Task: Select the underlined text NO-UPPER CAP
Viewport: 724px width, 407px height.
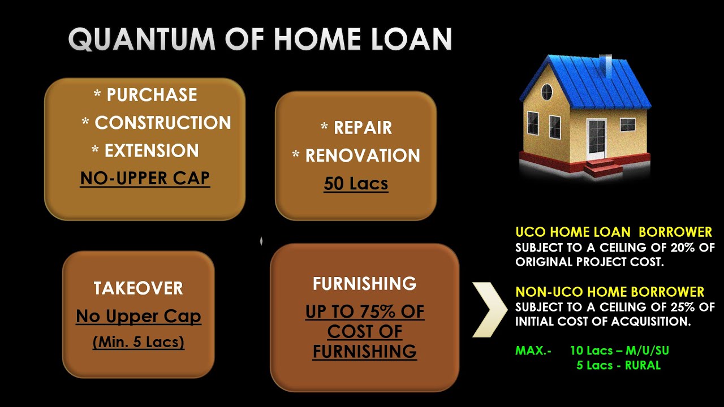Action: [x=145, y=179]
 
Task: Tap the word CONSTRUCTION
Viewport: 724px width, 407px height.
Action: [x=163, y=123]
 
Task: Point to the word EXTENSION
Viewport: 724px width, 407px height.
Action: [x=152, y=151]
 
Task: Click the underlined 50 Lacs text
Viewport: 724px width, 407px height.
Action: [x=356, y=184]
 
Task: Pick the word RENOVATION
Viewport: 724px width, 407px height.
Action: [x=363, y=156]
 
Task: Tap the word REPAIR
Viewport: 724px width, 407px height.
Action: [x=363, y=128]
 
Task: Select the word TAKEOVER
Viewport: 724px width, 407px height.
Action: [x=139, y=288]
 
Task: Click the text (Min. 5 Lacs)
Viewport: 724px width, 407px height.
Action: [x=139, y=342]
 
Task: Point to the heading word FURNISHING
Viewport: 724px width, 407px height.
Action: [x=365, y=284]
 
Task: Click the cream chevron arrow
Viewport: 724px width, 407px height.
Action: [x=490, y=309]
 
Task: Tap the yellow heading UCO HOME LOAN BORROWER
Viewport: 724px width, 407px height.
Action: [x=614, y=232]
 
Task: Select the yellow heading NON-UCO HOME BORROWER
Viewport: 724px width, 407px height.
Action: [x=610, y=292]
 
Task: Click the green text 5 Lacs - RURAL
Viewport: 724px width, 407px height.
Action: [x=618, y=365]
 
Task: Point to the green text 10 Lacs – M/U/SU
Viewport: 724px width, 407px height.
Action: [x=619, y=350]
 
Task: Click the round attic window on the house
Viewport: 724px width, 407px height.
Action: [x=546, y=92]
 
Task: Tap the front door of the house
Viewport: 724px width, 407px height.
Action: [x=596, y=138]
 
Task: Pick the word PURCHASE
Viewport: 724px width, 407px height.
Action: [x=152, y=95]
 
